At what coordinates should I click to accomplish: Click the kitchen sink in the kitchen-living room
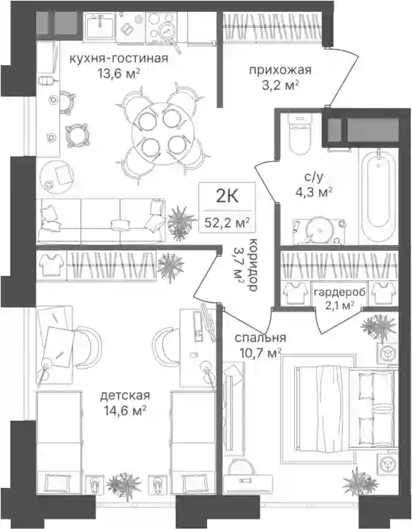coord(100,26)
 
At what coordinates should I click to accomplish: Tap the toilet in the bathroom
coord(299,135)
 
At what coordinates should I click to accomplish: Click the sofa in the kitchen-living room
coord(101,221)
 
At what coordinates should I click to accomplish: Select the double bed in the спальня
coord(344,408)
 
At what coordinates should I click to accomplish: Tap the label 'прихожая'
coord(280,70)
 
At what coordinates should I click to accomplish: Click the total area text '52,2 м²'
coord(226,222)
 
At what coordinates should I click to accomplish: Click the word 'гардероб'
coord(340,292)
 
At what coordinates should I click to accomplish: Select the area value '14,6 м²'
coord(125,411)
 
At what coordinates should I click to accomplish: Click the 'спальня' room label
coord(261,338)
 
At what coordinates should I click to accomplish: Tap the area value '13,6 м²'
coord(119,74)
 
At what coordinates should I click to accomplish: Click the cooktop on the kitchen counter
coord(160,26)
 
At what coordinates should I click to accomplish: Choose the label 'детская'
coord(125,395)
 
